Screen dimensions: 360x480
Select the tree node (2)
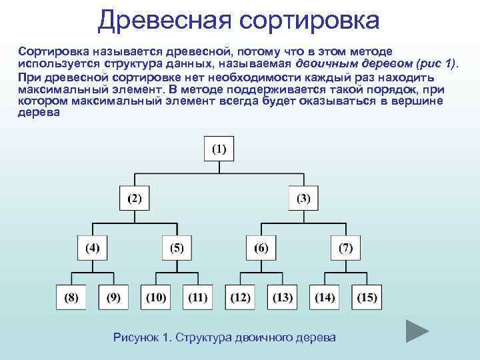point(135,199)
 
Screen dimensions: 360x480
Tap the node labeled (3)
point(303,199)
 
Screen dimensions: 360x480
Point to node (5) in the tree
point(177,248)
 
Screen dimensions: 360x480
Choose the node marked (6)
point(261,248)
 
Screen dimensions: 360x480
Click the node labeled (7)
point(345,248)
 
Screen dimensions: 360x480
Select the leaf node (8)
point(71,297)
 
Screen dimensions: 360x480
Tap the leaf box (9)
point(113,297)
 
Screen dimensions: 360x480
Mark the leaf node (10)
point(155,297)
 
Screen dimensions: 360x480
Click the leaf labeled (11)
point(198,297)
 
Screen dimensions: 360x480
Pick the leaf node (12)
point(240,297)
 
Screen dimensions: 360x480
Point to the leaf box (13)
point(283,297)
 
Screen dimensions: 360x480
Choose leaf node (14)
point(325,297)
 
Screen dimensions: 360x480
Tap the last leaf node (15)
point(367,297)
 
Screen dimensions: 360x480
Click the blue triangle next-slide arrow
point(417,331)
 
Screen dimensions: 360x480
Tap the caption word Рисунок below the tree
point(137,337)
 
